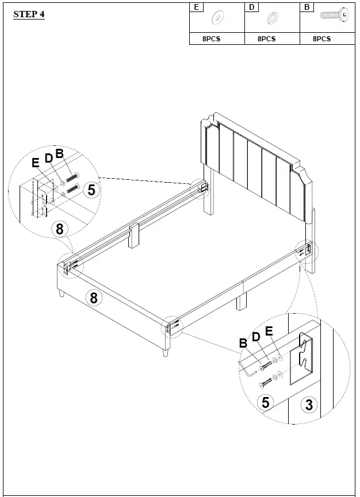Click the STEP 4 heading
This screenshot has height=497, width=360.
29,14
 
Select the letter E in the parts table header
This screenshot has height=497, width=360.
197,7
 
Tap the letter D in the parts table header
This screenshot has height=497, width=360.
251,7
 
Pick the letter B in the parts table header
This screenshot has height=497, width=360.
307,7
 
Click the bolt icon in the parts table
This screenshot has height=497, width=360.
334,16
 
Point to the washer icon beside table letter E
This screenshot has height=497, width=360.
218,18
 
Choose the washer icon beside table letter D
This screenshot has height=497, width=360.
272,20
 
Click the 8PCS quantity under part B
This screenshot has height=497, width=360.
321,39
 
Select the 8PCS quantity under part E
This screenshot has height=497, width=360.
211,39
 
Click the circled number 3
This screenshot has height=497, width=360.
309,404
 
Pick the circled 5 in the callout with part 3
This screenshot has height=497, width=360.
265,402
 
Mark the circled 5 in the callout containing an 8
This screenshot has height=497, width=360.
91,190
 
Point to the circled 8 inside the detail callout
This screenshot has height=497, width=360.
59,228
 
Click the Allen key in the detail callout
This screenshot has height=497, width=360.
246,369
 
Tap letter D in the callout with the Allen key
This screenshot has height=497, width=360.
256,337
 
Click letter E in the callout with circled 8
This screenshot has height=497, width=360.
36,163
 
